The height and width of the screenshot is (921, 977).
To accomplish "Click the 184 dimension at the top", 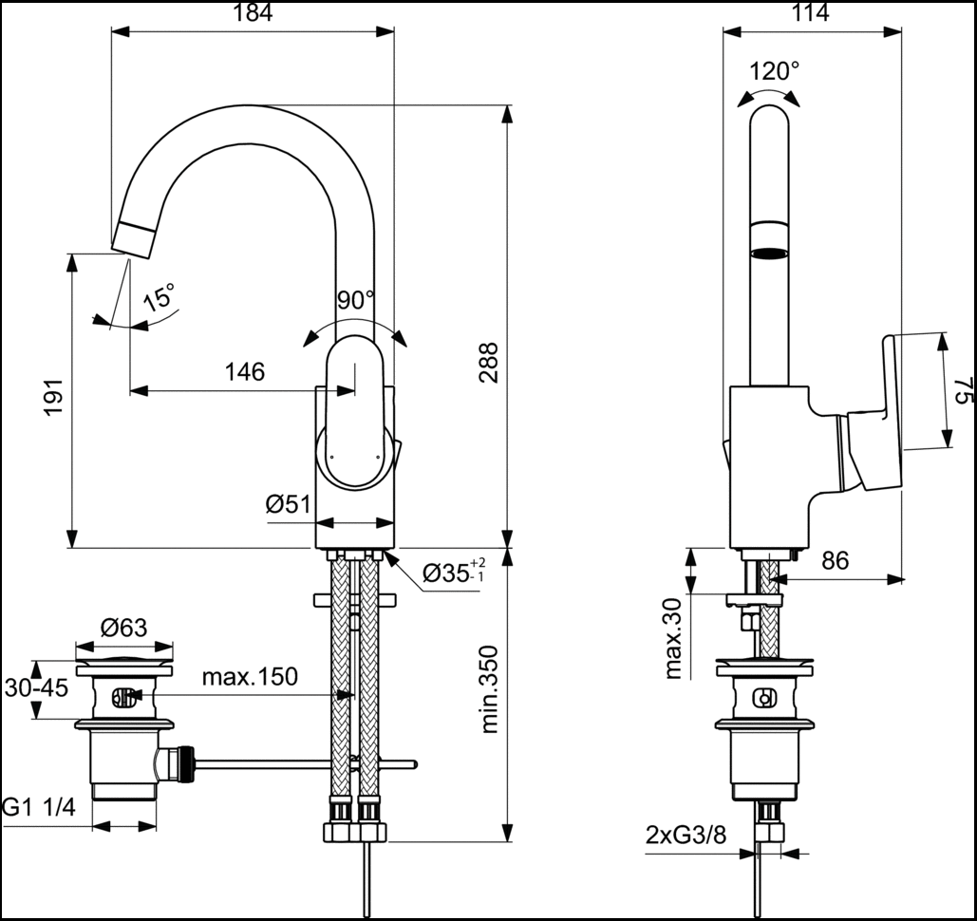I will click(x=252, y=13).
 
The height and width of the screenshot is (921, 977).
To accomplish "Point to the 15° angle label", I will click(x=160, y=298).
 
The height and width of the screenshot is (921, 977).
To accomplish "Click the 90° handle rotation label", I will click(x=356, y=301).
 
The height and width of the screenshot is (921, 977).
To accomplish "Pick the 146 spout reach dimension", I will click(x=244, y=371).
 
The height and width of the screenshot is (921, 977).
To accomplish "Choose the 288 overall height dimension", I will click(x=488, y=361).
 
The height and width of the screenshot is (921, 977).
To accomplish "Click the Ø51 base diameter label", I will click(x=288, y=505).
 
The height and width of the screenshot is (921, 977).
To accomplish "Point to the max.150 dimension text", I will click(x=250, y=677).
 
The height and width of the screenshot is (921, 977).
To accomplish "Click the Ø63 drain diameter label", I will click(x=123, y=628).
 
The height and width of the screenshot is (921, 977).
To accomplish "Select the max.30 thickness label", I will click(x=673, y=639).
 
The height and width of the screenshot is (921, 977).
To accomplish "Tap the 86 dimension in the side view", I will click(x=835, y=560).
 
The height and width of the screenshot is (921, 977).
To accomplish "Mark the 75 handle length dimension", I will click(x=962, y=390).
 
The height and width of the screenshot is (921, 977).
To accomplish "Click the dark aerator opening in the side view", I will click(x=769, y=254).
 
